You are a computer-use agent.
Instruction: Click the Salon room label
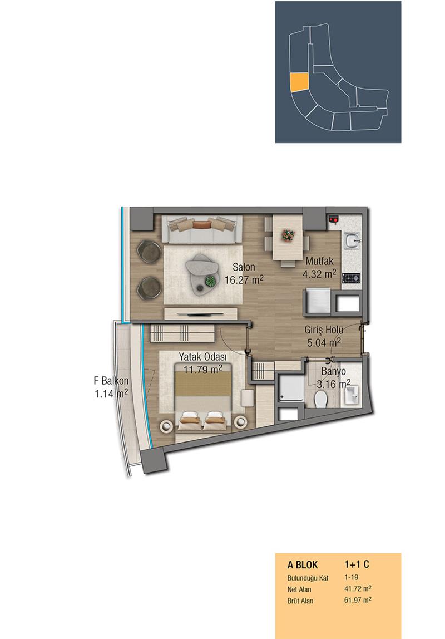tap(244, 267)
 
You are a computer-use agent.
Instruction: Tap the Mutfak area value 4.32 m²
tap(319, 274)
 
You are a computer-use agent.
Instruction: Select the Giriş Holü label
tap(324, 330)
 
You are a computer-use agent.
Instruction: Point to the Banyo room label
tap(333, 371)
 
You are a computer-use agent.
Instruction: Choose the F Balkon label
tap(111, 381)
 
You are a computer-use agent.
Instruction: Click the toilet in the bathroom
tap(321, 399)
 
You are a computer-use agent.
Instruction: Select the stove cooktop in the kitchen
tap(352, 278)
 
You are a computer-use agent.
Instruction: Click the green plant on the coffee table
tap(210, 281)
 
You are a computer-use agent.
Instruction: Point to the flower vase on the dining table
tap(288, 235)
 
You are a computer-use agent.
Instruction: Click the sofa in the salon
tap(202, 229)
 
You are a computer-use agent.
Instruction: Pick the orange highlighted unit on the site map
tap(299, 83)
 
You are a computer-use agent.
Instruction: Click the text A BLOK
tap(303, 565)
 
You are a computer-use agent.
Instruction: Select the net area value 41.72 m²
tap(358, 589)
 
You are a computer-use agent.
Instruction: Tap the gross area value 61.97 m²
tap(358, 600)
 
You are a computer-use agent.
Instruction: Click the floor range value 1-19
tap(352, 577)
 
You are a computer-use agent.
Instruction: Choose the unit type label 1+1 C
tap(357, 564)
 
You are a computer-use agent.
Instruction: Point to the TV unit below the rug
tap(200, 314)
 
